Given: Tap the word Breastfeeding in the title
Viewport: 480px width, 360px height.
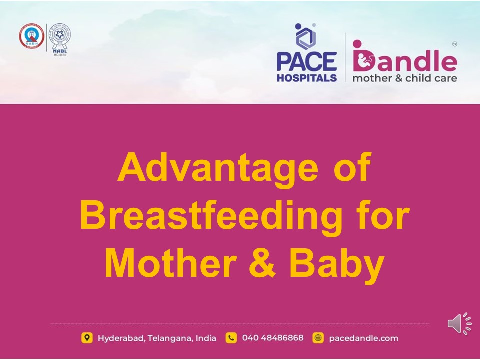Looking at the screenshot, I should coord(210,216).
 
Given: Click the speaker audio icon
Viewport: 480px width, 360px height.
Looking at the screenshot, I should coord(459,324).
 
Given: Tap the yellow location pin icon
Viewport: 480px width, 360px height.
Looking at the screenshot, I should coord(87,338).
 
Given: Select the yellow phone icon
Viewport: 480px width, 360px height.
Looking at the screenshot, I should coord(231,338).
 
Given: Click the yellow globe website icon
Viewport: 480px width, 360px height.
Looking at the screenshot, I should coord(318,338).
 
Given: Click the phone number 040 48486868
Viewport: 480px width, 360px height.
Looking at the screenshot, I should coord(272,338).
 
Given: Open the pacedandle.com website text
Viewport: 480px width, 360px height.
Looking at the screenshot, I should coord(363,338).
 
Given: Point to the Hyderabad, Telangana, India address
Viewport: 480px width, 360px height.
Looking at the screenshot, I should coord(157,338).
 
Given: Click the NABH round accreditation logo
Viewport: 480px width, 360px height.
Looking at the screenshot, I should coord(31,38).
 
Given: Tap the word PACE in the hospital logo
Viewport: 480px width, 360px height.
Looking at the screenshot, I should coord(307,62).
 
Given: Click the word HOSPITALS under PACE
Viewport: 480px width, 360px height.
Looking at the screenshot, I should coord(307,78).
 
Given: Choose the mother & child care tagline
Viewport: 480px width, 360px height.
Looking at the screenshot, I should coord(404,78).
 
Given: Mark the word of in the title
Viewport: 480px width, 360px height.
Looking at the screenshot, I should coord(351,168).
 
